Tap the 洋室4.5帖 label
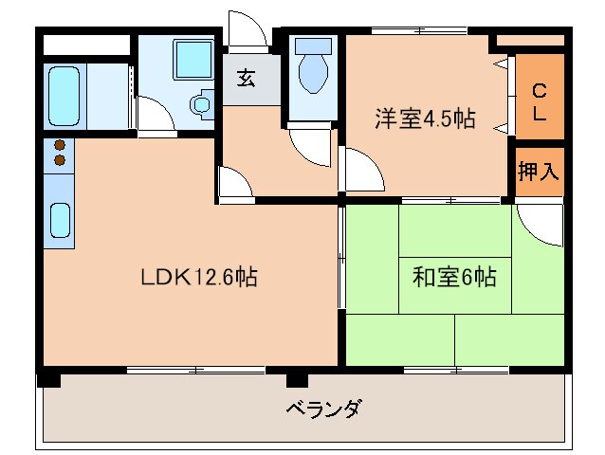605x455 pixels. pos(424,119)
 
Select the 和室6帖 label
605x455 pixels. pos(454,278)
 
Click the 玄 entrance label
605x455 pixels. pos(246,80)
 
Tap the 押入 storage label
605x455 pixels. pos(539,172)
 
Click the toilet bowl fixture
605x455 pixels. pos(311,72)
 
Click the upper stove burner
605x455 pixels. pos(60,146)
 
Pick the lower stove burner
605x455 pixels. pos(60,161)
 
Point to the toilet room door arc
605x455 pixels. pos(307,144)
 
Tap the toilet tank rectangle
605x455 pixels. pos(313,45)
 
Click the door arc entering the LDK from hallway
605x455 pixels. pos(233,182)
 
